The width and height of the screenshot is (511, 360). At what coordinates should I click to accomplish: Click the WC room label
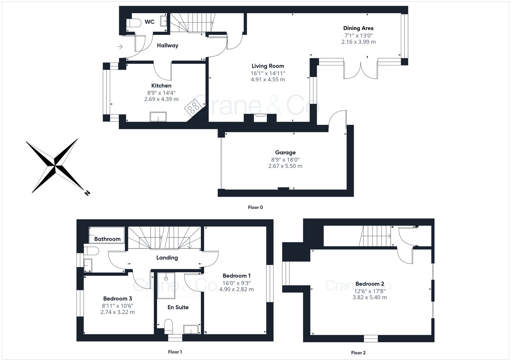150,22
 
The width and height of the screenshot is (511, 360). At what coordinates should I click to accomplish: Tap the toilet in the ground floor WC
134,23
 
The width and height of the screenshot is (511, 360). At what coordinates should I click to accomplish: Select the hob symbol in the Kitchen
193,107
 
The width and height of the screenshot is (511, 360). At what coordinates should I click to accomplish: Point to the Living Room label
268,66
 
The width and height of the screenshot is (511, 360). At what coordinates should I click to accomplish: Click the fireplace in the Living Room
260,117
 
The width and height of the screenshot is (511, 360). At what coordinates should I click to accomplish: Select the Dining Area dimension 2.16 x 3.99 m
358,42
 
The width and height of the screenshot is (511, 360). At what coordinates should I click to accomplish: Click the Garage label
285,152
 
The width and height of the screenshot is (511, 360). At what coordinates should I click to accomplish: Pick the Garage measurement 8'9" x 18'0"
285,160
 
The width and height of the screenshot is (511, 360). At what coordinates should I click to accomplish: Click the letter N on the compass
87,193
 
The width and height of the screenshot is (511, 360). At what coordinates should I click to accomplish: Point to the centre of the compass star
55,166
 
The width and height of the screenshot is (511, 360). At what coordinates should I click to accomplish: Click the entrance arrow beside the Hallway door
120,47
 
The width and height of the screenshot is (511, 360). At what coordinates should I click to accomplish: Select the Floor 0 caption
255,207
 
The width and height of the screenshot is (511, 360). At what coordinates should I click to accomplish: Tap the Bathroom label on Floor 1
107,239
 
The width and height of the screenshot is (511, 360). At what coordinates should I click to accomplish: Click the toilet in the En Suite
168,325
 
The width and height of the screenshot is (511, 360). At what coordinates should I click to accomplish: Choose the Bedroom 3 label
117,299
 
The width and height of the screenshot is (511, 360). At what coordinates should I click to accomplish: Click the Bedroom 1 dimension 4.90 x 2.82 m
236,289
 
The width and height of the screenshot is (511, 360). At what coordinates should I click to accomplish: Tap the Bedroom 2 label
369,284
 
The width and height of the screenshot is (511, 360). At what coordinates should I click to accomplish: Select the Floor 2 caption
358,353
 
